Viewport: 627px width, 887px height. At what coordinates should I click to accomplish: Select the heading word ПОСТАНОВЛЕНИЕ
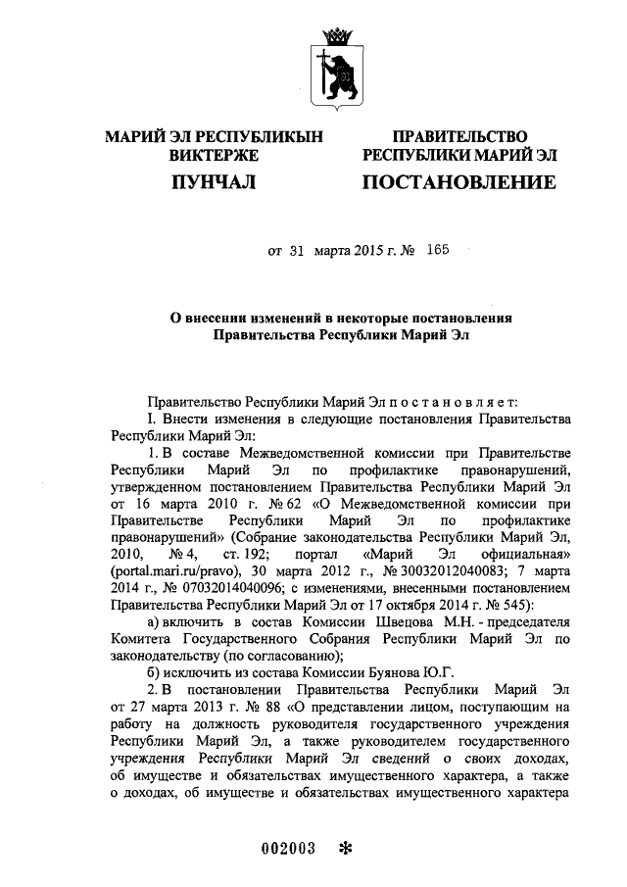[x=458, y=183]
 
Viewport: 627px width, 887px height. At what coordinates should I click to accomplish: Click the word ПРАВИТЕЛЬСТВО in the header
[x=458, y=137]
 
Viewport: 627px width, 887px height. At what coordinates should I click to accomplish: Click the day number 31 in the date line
[x=298, y=251]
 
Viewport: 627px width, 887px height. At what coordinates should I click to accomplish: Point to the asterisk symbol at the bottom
[x=344, y=849]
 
